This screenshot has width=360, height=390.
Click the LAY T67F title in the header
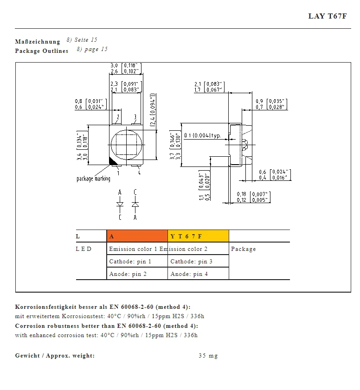click(328, 16)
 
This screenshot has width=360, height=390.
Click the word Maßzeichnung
click(38, 42)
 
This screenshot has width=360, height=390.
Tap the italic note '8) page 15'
click(92, 49)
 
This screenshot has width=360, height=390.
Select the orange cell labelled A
click(137, 236)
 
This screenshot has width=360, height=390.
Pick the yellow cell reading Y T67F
click(198, 236)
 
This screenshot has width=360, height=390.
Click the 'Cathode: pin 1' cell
click(130, 262)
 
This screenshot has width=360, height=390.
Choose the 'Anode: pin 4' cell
click(189, 274)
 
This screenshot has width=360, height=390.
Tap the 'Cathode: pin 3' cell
click(191, 262)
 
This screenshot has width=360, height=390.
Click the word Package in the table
click(243, 249)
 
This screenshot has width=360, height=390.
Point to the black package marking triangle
click(112, 162)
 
